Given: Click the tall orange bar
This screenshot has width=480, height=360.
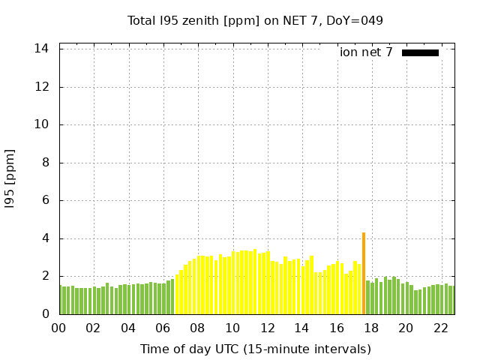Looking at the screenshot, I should (x=364, y=274).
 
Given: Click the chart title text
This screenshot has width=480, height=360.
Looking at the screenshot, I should (x=255, y=20).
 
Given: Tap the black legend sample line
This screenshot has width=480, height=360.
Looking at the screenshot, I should (x=420, y=52).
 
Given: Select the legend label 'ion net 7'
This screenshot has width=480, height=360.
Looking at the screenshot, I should (x=366, y=52).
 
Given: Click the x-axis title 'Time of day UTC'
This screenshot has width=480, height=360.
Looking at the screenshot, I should (x=255, y=349).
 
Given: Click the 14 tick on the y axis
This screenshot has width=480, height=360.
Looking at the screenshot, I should (x=43, y=49).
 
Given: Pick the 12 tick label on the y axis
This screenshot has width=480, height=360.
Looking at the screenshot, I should (x=43, y=87).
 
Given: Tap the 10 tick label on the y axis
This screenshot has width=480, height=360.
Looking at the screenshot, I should (x=43, y=124).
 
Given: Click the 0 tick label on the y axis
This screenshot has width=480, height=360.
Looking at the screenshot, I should (x=46, y=314).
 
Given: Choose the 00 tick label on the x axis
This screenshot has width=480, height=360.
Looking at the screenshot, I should (x=59, y=328).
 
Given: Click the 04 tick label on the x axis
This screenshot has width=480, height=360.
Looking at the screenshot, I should (x=128, y=328).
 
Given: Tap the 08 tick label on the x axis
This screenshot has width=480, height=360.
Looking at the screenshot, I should (x=198, y=328).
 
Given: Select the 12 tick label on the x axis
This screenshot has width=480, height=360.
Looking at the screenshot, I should (x=267, y=328).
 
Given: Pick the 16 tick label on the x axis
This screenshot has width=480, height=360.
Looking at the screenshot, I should (x=337, y=328).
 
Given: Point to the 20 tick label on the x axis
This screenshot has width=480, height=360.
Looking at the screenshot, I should (x=406, y=328).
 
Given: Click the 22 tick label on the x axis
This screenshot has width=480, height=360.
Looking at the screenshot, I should (x=440, y=328).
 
